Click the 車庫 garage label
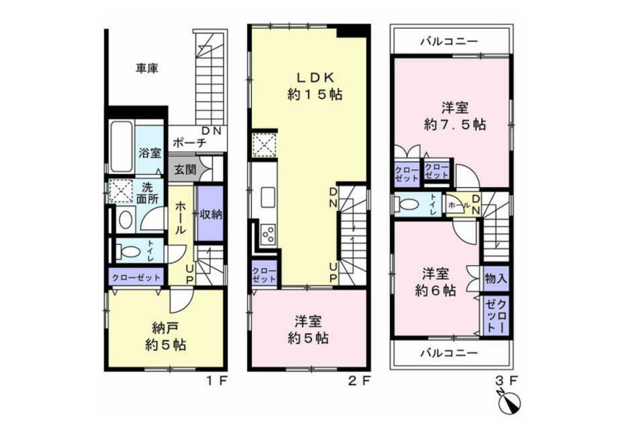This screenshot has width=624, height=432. coord(147,69)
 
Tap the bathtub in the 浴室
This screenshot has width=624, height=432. coord(121,147)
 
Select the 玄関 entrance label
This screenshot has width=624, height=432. coord(185,169)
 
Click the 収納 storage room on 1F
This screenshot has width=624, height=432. coord(210,214)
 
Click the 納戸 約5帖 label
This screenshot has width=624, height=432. coord(165,337)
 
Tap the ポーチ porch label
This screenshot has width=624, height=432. coord(190,143)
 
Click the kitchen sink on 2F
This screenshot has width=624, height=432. coord(268,197)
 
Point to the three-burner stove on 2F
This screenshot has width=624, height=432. coord(268,234)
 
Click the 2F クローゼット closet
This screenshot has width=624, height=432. coord(264,274)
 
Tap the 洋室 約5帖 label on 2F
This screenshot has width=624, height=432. coord(308,330)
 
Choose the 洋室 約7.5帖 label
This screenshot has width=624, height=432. coord(455,116)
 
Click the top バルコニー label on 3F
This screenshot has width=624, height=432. coord(449,41)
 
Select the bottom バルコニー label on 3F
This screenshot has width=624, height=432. coord(449,352)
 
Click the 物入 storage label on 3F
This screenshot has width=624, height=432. coord(495,278)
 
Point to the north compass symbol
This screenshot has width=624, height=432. coord(511,402)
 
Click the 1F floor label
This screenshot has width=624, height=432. coord(216,381)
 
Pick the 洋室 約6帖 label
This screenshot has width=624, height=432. coord(436,282)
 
